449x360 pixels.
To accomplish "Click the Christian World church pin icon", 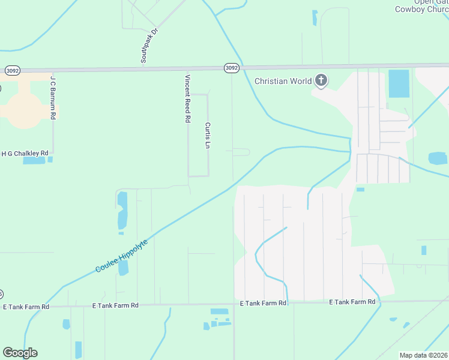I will click(321, 80).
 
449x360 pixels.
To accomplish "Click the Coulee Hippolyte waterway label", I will click(121, 256).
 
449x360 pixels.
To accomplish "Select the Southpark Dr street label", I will click(148, 46).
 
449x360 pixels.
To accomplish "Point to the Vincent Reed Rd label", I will click(188, 98).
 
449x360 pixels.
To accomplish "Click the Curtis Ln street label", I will click(207, 137).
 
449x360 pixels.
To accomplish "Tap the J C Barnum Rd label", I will click(53, 97).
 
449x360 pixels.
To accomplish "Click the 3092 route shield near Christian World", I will click(232, 68).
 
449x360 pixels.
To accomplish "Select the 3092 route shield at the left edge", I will click(12, 70).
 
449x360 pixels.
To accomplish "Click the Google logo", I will click(20, 353).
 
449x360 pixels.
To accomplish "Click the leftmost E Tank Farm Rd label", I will click(25, 307).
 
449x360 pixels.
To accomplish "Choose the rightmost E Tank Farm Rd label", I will click(352, 302).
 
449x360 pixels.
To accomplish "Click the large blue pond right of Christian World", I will click(399, 83).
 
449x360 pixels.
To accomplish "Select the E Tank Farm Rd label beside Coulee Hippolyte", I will click(115, 305).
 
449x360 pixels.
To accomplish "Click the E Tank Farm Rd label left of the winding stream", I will click(262, 303).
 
